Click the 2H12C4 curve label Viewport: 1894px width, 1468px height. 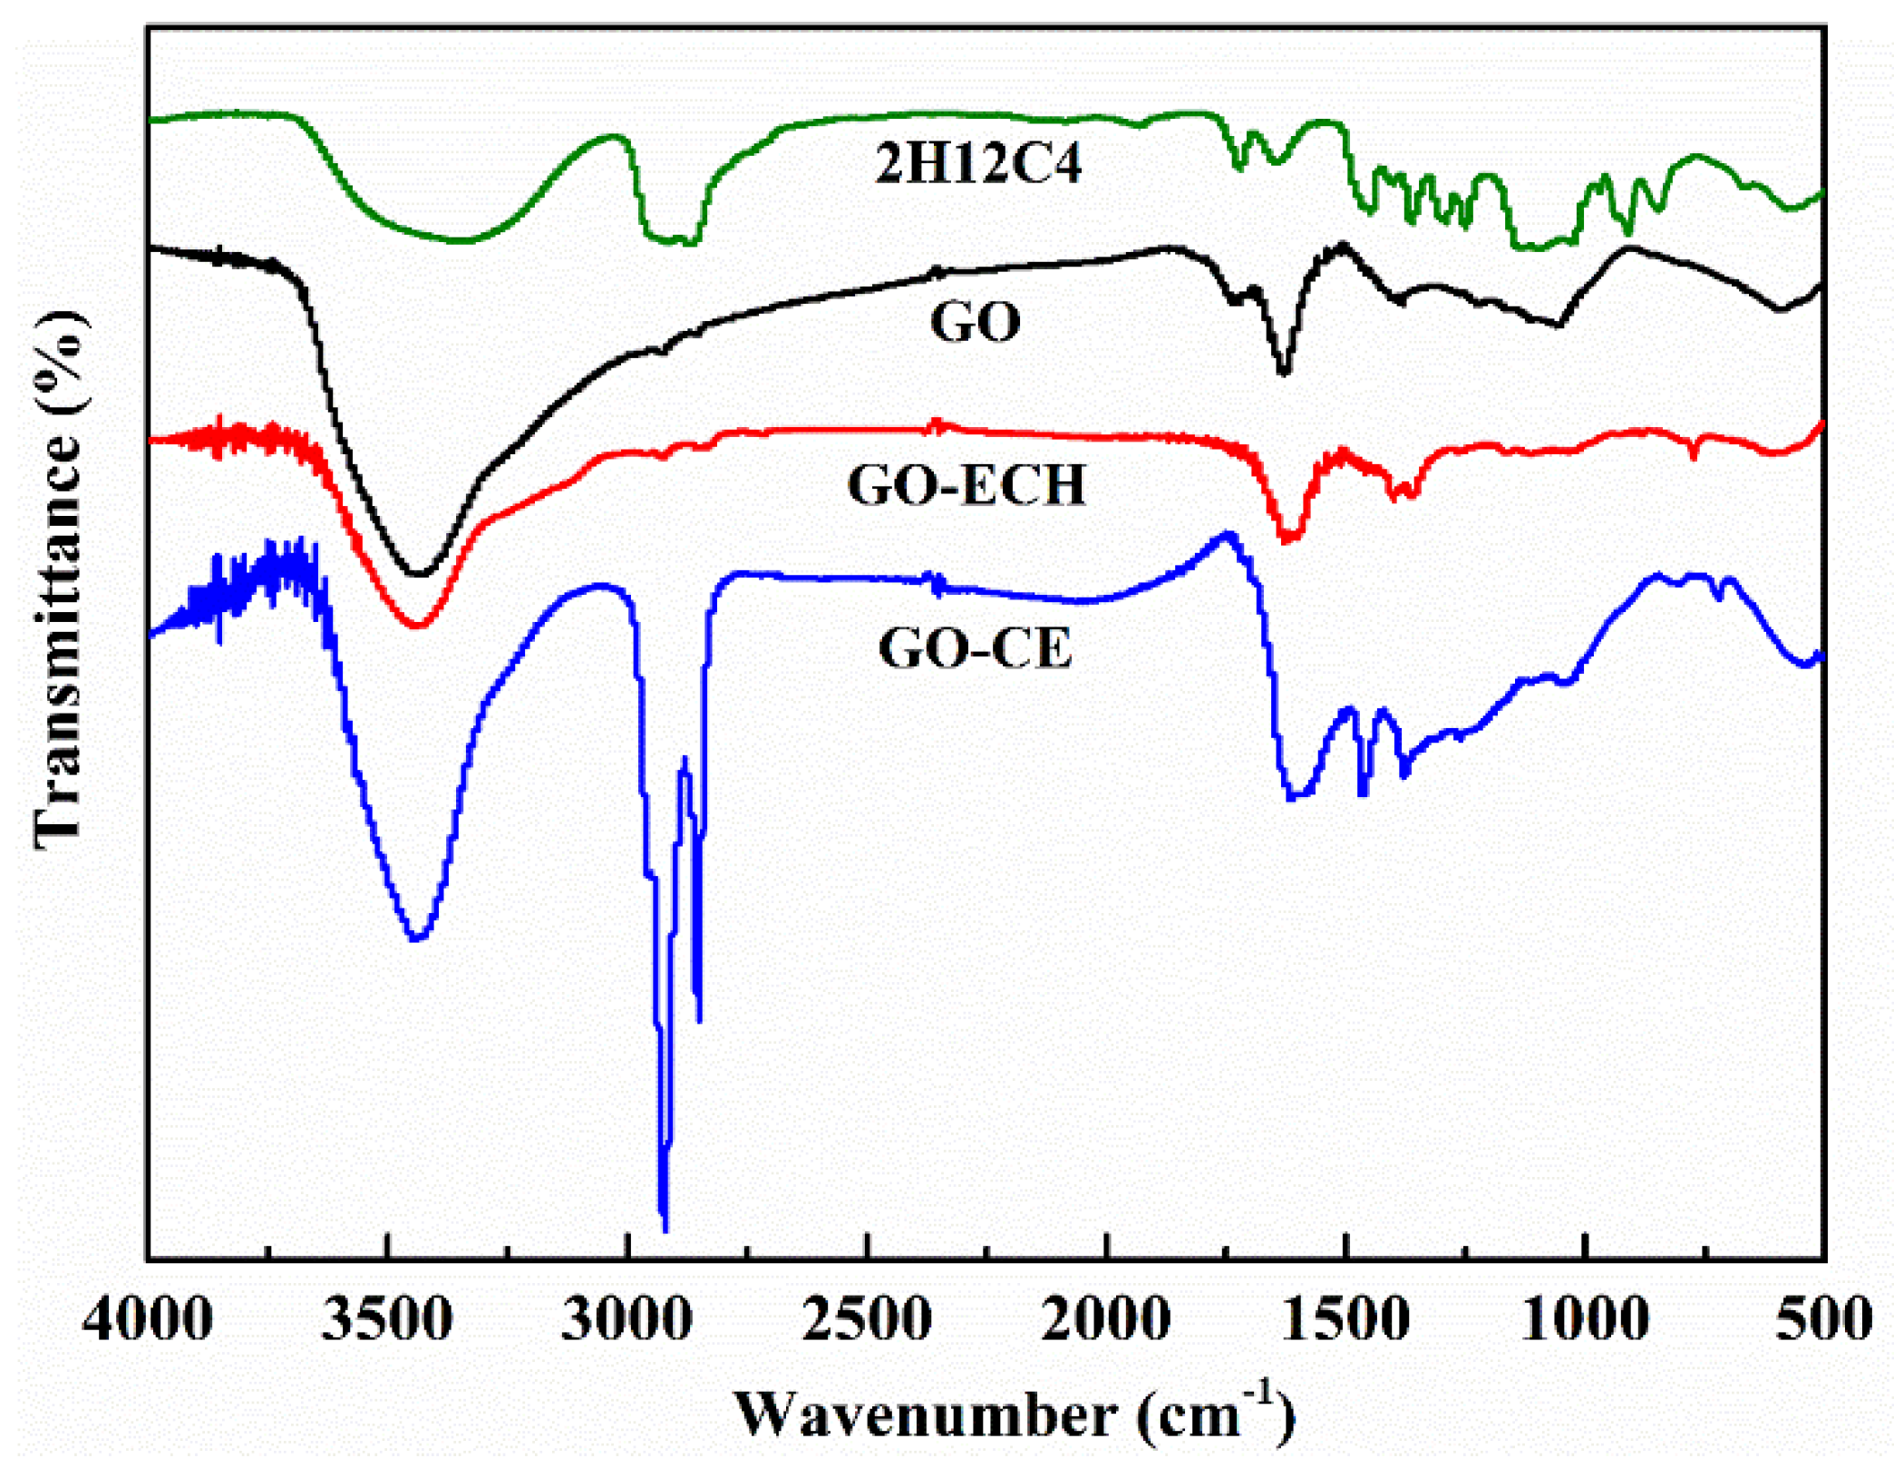(x=978, y=164)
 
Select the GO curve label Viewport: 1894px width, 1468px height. (x=975, y=322)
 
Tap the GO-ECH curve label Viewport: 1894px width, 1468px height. (x=966, y=484)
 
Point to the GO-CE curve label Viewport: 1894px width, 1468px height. (x=976, y=647)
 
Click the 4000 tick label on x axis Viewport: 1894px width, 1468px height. (x=148, y=1319)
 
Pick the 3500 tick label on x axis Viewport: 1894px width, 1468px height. (x=387, y=1319)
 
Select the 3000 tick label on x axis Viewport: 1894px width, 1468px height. (x=626, y=1319)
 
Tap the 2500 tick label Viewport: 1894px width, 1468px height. (x=867, y=1319)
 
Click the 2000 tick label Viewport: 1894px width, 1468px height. (x=1106, y=1319)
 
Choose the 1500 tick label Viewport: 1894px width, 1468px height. (x=1346, y=1319)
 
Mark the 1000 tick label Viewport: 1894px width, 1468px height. (x=1585, y=1319)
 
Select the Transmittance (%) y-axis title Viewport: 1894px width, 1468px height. (x=59, y=580)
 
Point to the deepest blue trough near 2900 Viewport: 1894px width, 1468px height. (x=665, y=1229)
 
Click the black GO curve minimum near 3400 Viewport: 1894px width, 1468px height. (x=418, y=573)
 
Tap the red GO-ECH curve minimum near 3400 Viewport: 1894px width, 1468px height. (x=418, y=625)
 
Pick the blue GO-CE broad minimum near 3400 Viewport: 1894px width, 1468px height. (x=416, y=938)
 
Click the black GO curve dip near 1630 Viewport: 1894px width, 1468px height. (x=1283, y=371)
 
